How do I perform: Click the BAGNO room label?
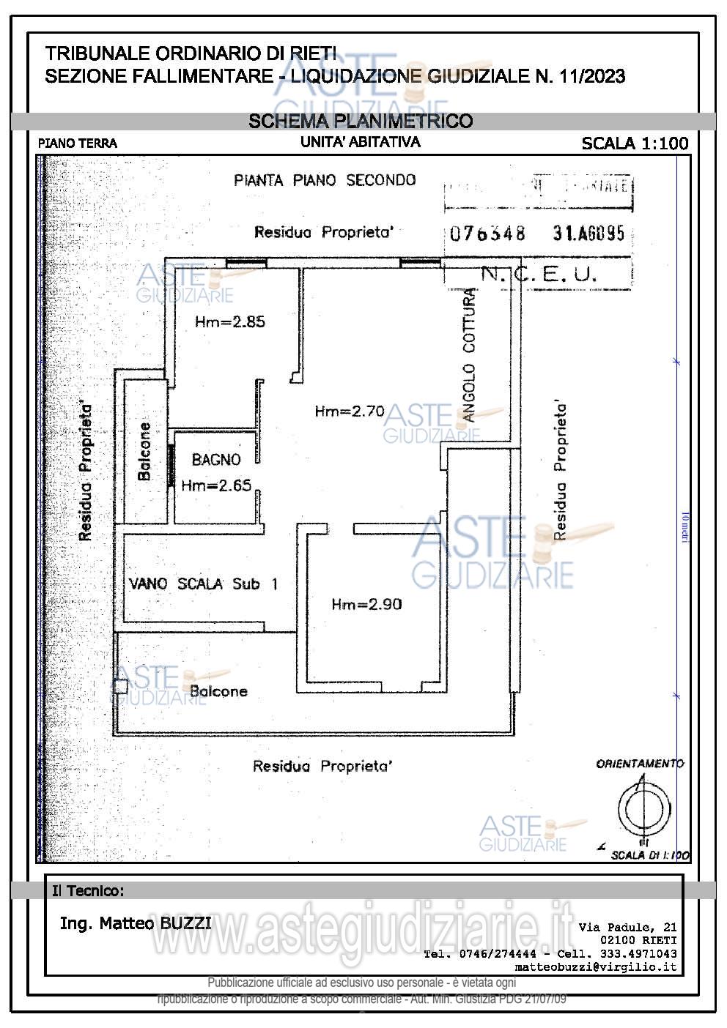coord(216,460)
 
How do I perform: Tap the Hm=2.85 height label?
coord(229,321)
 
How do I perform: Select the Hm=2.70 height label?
coord(350,411)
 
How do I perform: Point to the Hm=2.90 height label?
coord(366,604)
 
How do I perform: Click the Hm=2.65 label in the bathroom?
coord(216,485)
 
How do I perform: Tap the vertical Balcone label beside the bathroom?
coord(144,451)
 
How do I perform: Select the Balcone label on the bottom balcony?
coord(218,691)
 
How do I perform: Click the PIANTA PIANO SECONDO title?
coord(325,180)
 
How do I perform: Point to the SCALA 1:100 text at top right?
coord(635,144)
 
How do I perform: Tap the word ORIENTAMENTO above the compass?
coord(640,764)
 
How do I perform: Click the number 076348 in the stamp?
coord(487,234)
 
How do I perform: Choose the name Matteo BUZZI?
coord(136,923)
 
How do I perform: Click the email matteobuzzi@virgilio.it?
coord(596,966)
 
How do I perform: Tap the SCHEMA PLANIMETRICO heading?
coord(361,121)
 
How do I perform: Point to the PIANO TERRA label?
coord(78,144)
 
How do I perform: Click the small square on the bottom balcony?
coord(120,687)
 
